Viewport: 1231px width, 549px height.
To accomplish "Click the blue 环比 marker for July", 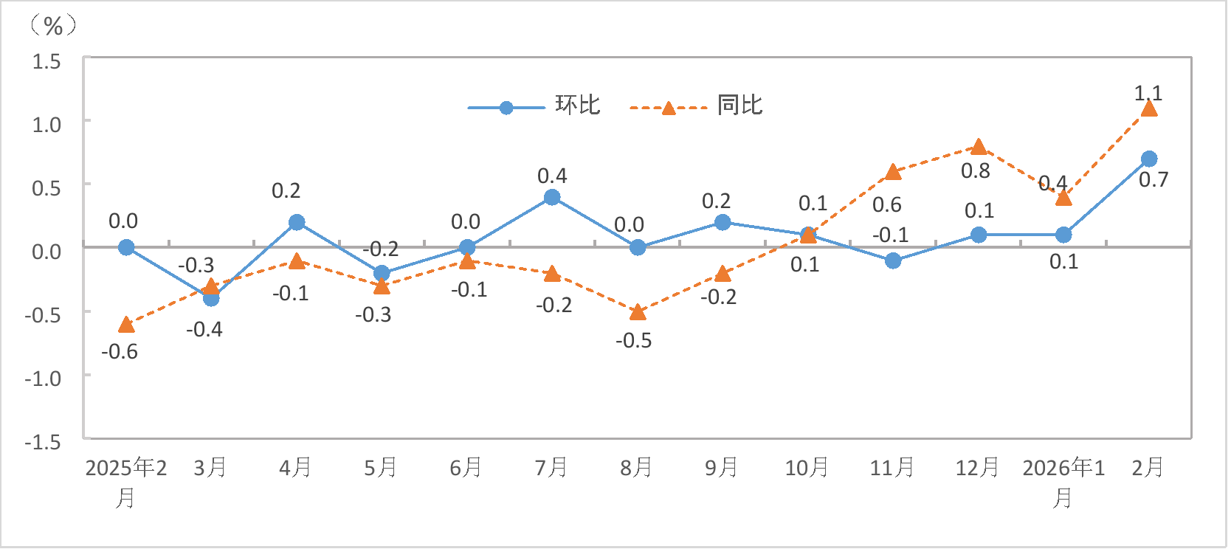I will point(552,197).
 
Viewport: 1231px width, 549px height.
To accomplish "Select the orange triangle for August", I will point(638,312).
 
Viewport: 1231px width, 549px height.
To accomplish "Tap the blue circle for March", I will point(211,298).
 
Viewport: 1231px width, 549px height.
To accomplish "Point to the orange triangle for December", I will point(979,147).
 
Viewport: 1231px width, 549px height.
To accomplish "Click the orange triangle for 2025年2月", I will point(126,325).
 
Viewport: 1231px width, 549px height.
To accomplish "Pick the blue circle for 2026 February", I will point(1149,159).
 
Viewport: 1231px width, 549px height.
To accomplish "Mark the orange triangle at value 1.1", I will point(1149,109).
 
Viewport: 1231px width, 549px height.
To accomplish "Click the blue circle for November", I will point(893,260).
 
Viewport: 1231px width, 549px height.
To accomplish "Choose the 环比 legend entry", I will point(535,106).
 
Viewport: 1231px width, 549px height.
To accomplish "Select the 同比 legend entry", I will point(697,106).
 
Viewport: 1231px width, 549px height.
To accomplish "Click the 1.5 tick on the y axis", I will point(46,61).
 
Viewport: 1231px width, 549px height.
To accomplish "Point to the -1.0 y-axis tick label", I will point(43,379).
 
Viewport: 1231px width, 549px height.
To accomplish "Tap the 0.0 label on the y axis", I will point(46,252).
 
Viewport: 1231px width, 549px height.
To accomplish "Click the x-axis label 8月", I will point(636,467).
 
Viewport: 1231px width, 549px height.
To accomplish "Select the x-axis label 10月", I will point(807,467).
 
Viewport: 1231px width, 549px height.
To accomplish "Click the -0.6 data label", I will point(120,351).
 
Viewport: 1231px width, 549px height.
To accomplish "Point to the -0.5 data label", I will point(634,340).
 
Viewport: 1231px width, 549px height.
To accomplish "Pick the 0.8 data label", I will point(976,171).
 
